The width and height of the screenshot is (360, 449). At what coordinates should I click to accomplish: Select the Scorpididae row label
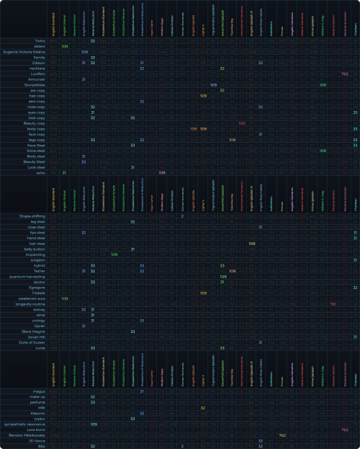click(x=33, y=85)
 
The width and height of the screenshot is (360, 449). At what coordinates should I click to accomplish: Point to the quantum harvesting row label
click(x=29, y=276)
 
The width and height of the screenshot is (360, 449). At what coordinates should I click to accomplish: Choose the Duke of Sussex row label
click(x=33, y=342)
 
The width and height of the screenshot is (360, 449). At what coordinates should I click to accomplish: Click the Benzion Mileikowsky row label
click(x=29, y=435)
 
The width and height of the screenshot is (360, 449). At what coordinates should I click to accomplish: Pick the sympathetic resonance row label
click(x=27, y=424)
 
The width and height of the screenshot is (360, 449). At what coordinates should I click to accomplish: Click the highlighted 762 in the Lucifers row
click(x=345, y=74)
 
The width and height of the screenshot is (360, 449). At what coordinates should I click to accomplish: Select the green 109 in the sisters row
click(x=65, y=46)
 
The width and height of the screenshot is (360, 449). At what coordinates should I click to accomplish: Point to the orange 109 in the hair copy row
click(x=203, y=96)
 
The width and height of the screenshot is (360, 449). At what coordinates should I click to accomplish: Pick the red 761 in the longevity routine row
click(x=333, y=303)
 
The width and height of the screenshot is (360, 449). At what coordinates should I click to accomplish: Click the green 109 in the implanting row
click(x=114, y=254)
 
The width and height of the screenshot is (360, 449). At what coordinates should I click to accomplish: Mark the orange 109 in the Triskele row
click(x=203, y=293)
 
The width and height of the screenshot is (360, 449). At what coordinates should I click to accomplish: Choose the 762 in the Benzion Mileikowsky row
click(x=282, y=435)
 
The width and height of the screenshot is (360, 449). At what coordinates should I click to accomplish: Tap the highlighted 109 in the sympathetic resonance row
click(x=94, y=424)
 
